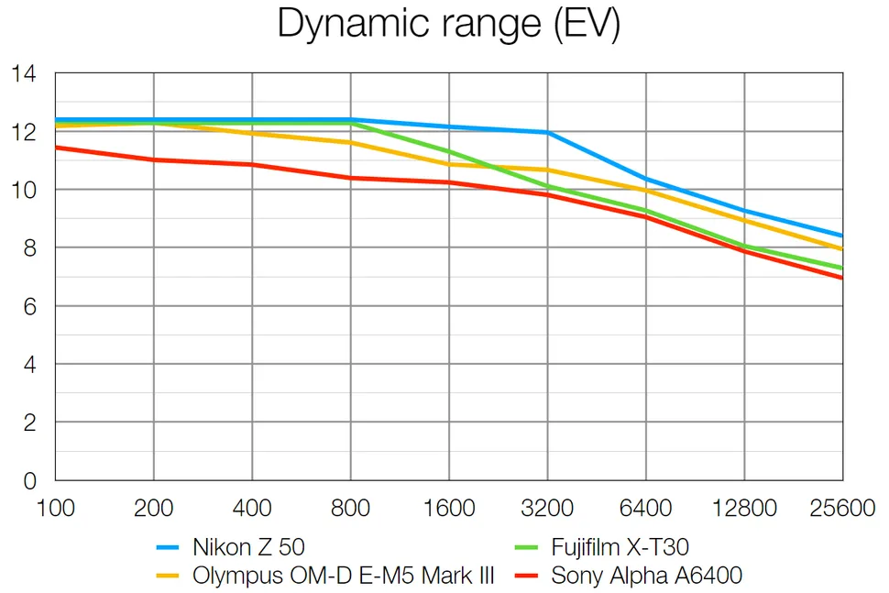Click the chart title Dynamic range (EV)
[448, 25]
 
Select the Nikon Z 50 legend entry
[248, 548]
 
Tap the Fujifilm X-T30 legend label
[620, 548]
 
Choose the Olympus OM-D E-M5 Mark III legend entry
[344, 576]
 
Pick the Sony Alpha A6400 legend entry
[646, 576]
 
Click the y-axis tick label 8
[29, 248]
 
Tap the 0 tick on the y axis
[29, 480]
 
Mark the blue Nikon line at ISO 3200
[547, 133]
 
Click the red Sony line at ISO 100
[57, 147]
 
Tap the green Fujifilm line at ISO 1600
[449, 152]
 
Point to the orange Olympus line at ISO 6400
[646, 190]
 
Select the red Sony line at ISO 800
[350, 178]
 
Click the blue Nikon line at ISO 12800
[744, 211]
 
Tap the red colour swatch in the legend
[530, 577]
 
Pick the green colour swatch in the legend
[530, 549]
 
